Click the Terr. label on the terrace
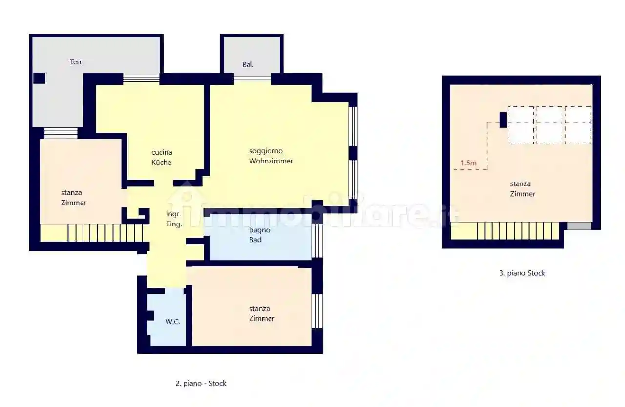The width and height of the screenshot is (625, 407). tap(77, 62)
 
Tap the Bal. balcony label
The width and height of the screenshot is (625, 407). tap(248, 64)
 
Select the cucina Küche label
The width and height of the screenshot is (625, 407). tap(162, 157)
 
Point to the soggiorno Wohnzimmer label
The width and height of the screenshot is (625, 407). tap(271, 156)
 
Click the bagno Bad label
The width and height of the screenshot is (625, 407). tap(255, 235)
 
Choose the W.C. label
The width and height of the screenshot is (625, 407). tap(172, 322)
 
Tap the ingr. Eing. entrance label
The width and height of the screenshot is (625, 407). tap(174, 219)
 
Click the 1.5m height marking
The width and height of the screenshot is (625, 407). tap(468, 163)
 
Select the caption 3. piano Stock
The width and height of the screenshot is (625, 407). tap(522, 273)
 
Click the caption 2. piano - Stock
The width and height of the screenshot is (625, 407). tap(201, 384)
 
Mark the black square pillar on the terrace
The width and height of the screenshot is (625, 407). tap(39, 78)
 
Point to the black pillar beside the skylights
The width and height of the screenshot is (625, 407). tap(503, 120)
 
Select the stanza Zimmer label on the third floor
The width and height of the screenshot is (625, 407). tap(522, 189)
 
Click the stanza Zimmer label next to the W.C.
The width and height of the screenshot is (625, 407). tap(262, 314)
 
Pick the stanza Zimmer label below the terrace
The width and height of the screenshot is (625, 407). tap(74, 198)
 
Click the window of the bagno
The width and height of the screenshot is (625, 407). tap(317, 241)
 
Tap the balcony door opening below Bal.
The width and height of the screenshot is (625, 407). tap(252, 78)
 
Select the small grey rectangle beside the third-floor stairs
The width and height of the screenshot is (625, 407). tap(579, 226)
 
